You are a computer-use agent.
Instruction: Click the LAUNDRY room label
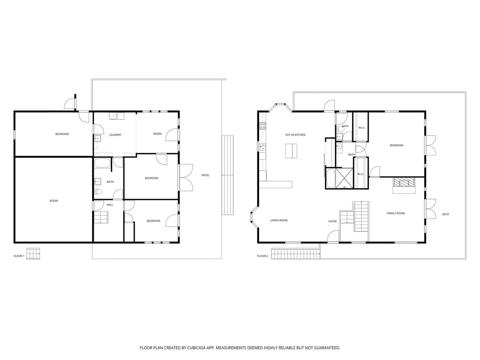(115, 135)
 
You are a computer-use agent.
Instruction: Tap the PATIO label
(205, 175)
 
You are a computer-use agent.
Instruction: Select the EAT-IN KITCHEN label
(295, 135)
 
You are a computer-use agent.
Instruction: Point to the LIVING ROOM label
(279, 220)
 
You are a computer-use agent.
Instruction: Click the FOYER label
(333, 221)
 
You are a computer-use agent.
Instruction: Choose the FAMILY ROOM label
(396, 213)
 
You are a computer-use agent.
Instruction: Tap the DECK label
(445, 214)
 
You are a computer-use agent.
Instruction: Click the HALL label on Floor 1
(110, 205)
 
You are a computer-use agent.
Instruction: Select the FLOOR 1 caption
(19, 256)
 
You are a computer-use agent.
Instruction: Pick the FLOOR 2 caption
(262, 256)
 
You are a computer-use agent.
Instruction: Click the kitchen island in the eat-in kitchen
(291, 151)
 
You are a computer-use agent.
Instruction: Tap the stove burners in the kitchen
(262, 126)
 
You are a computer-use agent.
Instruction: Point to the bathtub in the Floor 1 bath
(102, 163)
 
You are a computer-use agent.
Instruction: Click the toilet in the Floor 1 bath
(98, 192)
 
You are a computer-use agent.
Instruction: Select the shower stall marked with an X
(344, 178)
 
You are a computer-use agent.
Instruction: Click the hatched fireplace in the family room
(404, 182)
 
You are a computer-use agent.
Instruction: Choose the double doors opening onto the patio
(186, 178)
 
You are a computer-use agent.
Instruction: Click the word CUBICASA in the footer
(196, 348)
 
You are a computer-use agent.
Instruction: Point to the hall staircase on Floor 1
(101, 217)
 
